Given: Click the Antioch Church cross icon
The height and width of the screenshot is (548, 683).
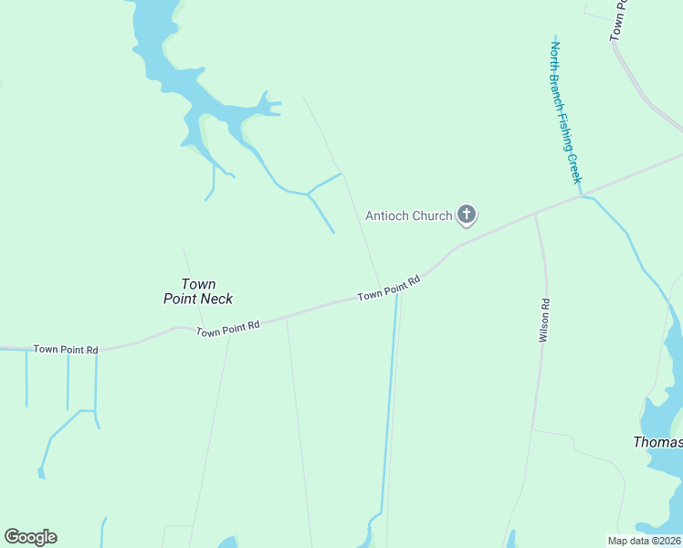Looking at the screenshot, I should click(x=467, y=216).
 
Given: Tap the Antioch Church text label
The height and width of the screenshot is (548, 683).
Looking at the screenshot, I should click(x=408, y=216).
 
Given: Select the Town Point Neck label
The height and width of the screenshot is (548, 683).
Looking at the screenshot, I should click(x=198, y=291).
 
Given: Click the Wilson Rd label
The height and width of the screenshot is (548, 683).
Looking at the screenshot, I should click(x=544, y=321).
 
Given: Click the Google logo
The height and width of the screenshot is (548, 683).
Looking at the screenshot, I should click(x=31, y=537).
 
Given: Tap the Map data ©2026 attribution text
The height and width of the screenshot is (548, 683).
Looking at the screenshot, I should click(x=645, y=541).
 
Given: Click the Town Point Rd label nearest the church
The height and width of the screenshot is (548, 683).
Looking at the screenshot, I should click(x=389, y=289).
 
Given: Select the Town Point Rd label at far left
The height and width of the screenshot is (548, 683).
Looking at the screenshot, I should click(x=65, y=349).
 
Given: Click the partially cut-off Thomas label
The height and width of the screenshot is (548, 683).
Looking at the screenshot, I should click(x=657, y=442).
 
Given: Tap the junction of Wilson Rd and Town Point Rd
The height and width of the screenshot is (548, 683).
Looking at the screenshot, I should click(x=536, y=214).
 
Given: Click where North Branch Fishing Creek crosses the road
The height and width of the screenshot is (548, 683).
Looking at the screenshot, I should click(x=582, y=195).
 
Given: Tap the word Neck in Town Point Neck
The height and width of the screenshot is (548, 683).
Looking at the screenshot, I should click(x=217, y=299).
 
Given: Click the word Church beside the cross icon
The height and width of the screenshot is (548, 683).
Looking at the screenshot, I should click(x=432, y=216).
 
